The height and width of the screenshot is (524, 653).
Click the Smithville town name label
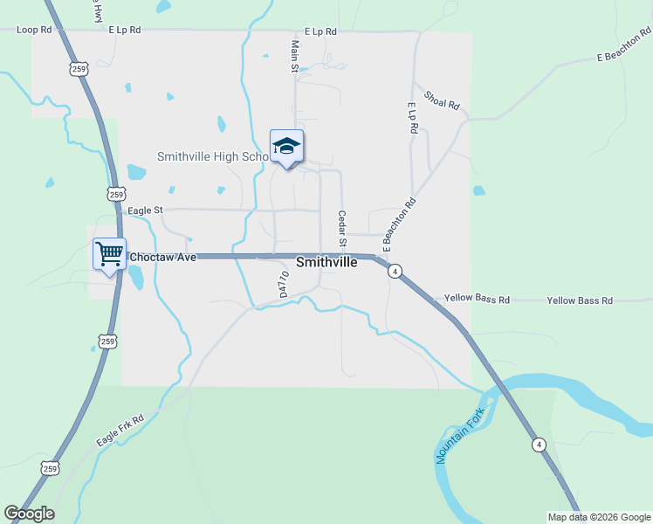(x=326, y=262)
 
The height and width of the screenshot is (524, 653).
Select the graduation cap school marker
(x=286, y=147)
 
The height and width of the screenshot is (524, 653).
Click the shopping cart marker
(x=110, y=254)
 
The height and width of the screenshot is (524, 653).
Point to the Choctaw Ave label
(x=163, y=257)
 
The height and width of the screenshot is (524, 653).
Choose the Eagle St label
(x=145, y=210)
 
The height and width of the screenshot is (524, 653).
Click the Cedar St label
(x=343, y=228)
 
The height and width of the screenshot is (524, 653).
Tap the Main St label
(x=295, y=55)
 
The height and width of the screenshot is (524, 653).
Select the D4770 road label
(x=283, y=284)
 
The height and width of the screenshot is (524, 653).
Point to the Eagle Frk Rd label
(x=120, y=429)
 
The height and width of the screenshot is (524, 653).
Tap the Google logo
(x=29, y=514)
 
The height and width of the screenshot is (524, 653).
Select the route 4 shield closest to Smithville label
(x=395, y=272)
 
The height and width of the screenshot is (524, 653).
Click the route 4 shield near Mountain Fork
(x=540, y=445)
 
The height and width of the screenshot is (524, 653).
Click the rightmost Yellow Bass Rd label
(x=580, y=300)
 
